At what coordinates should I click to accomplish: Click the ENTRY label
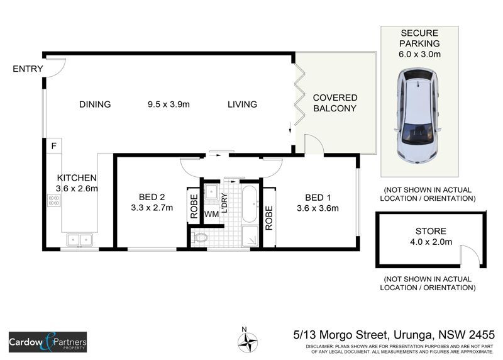click(28, 69)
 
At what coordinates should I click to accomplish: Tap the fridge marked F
click(54, 146)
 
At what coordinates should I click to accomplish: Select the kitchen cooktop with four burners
click(54, 200)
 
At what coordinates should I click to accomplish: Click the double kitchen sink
click(80, 240)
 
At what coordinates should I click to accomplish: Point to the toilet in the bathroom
click(201, 238)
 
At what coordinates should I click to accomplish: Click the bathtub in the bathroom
click(250, 205)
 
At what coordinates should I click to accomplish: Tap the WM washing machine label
click(211, 214)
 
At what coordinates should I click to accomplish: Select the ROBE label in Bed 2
click(194, 206)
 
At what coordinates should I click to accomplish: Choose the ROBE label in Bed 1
click(269, 218)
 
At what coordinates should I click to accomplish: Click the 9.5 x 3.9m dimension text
click(169, 104)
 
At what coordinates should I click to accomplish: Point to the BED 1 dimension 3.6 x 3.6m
click(318, 208)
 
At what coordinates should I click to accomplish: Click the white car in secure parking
click(417, 116)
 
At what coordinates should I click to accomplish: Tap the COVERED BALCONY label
click(335, 103)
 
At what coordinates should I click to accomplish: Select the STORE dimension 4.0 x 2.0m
click(431, 242)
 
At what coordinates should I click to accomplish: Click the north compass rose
click(248, 341)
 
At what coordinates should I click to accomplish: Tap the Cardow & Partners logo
click(48, 342)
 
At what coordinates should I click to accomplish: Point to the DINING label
click(95, 104)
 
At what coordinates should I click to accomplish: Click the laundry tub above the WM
click(211, 192)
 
